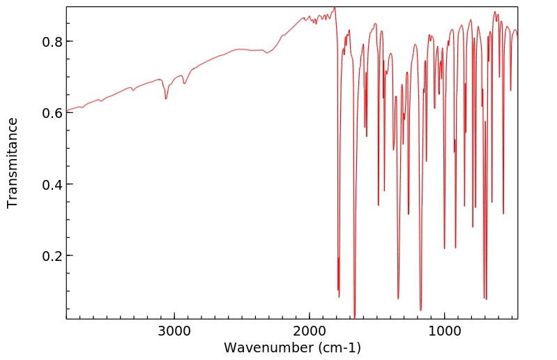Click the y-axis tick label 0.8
(52, 41)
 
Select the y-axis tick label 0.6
(52, 113)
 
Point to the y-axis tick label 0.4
(52, 184)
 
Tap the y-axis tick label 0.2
(52, 256)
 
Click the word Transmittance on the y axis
(13, 163)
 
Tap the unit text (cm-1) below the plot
(339, 347)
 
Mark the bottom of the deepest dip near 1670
(354, 317)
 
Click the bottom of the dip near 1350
(398, 299)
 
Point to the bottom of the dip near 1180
(420, 310)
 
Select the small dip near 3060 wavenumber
(166, 98)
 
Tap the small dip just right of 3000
(184, 84)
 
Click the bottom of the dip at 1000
(445, 248)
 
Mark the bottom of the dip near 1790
(338, 297)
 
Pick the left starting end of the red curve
(68, 110)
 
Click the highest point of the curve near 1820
(335, 8)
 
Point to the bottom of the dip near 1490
(379, 205)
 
